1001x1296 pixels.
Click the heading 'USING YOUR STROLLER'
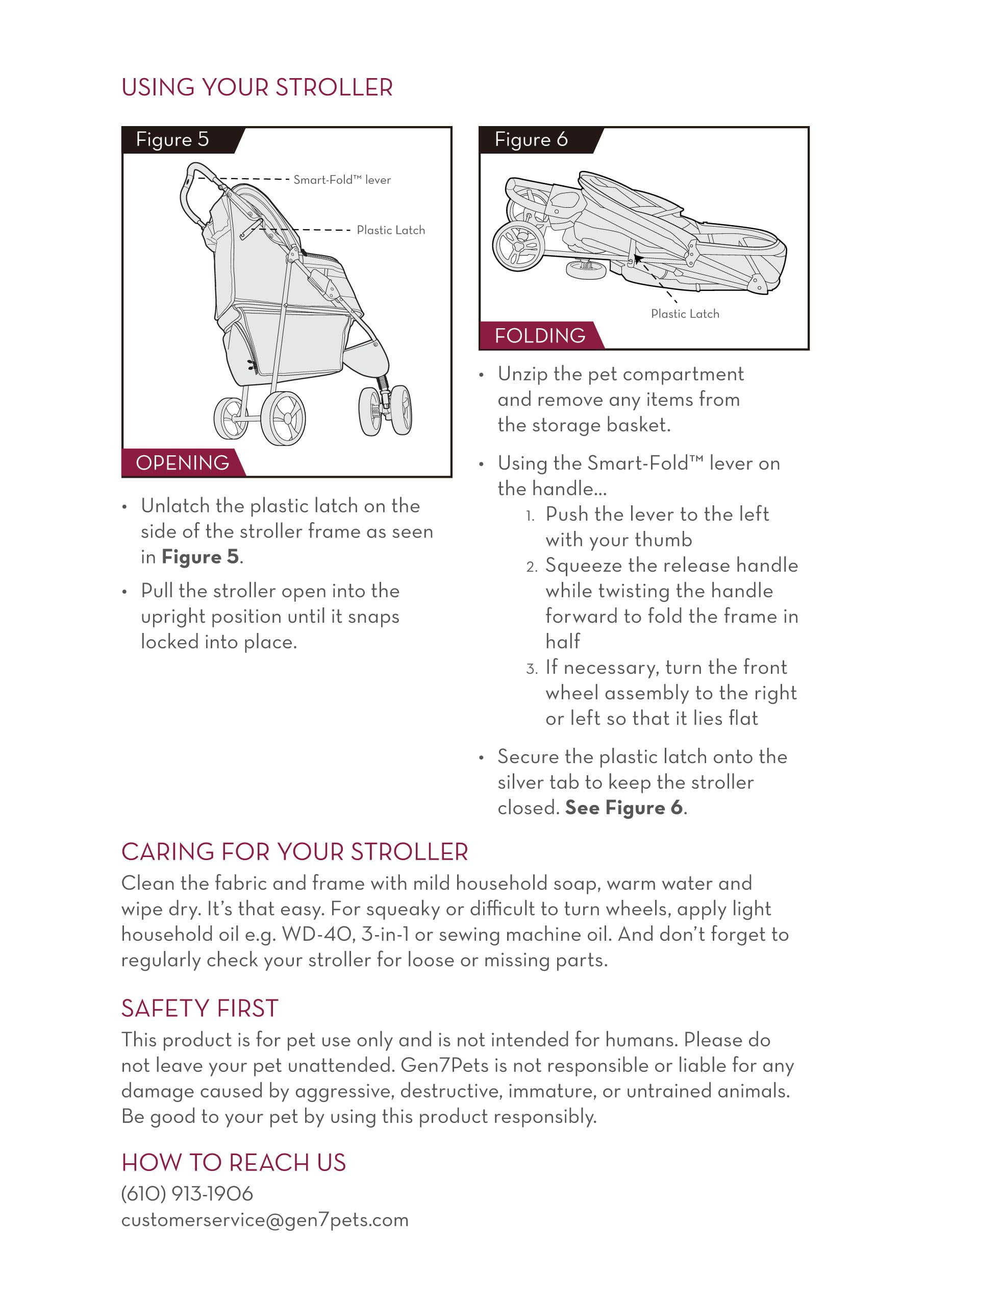257,87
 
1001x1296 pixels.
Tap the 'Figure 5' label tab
172,139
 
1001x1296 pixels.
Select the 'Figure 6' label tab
531,139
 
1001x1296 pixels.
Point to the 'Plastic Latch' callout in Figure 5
390,230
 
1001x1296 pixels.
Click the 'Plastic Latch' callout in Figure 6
685,314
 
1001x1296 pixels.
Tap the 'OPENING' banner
182,463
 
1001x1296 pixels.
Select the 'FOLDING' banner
540,336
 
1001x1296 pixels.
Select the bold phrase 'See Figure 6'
623,808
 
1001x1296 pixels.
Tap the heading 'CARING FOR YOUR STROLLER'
295,851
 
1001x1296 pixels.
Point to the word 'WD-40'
318,935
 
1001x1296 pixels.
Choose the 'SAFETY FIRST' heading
200,1009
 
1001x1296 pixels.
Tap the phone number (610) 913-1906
187,1193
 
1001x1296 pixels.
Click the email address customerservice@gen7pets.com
264,1220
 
